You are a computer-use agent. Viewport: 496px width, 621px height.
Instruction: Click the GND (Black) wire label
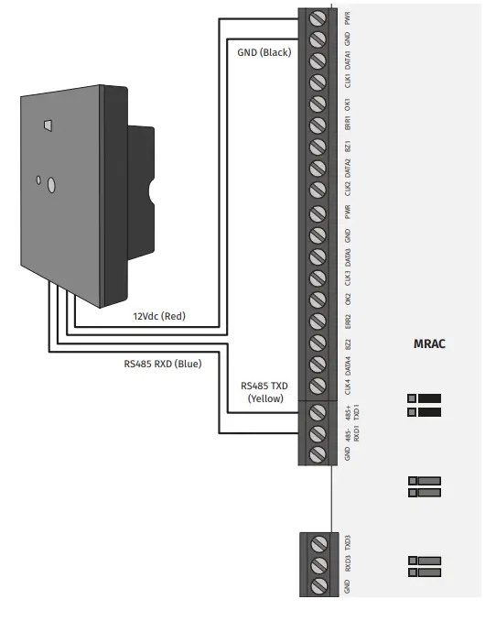(263, 52)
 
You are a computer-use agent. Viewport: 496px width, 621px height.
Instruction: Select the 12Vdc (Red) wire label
(160, 315)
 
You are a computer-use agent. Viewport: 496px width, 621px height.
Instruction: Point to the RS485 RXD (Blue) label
(163, 363)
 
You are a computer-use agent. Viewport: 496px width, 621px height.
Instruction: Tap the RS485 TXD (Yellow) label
(263, 392)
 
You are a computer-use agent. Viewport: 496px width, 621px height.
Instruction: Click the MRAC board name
(429, 344)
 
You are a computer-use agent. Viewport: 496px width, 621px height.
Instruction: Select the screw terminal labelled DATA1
(318, 61)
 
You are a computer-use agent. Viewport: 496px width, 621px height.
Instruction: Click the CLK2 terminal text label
(348, 190)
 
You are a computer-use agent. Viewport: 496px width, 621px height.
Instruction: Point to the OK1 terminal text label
(348, 103)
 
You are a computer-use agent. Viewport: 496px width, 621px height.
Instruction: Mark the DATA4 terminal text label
(348, 365)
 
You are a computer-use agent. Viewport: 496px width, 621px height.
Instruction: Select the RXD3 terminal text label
(348, 564)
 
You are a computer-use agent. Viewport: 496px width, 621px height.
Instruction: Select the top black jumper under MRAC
(426, 398)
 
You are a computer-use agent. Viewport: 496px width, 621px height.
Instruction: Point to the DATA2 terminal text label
(348, 169)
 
